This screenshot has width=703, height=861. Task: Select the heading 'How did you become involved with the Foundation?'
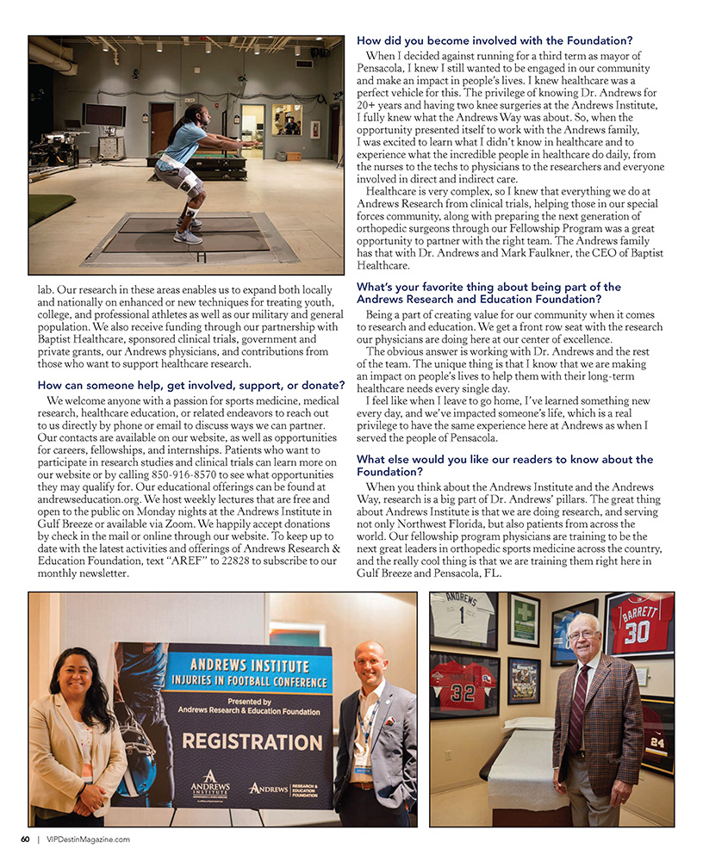click(495, 40)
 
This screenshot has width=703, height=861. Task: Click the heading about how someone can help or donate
click(184, 386)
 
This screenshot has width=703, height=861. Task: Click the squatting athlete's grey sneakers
click(188, 235)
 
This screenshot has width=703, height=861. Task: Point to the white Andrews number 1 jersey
click(463, 616)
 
